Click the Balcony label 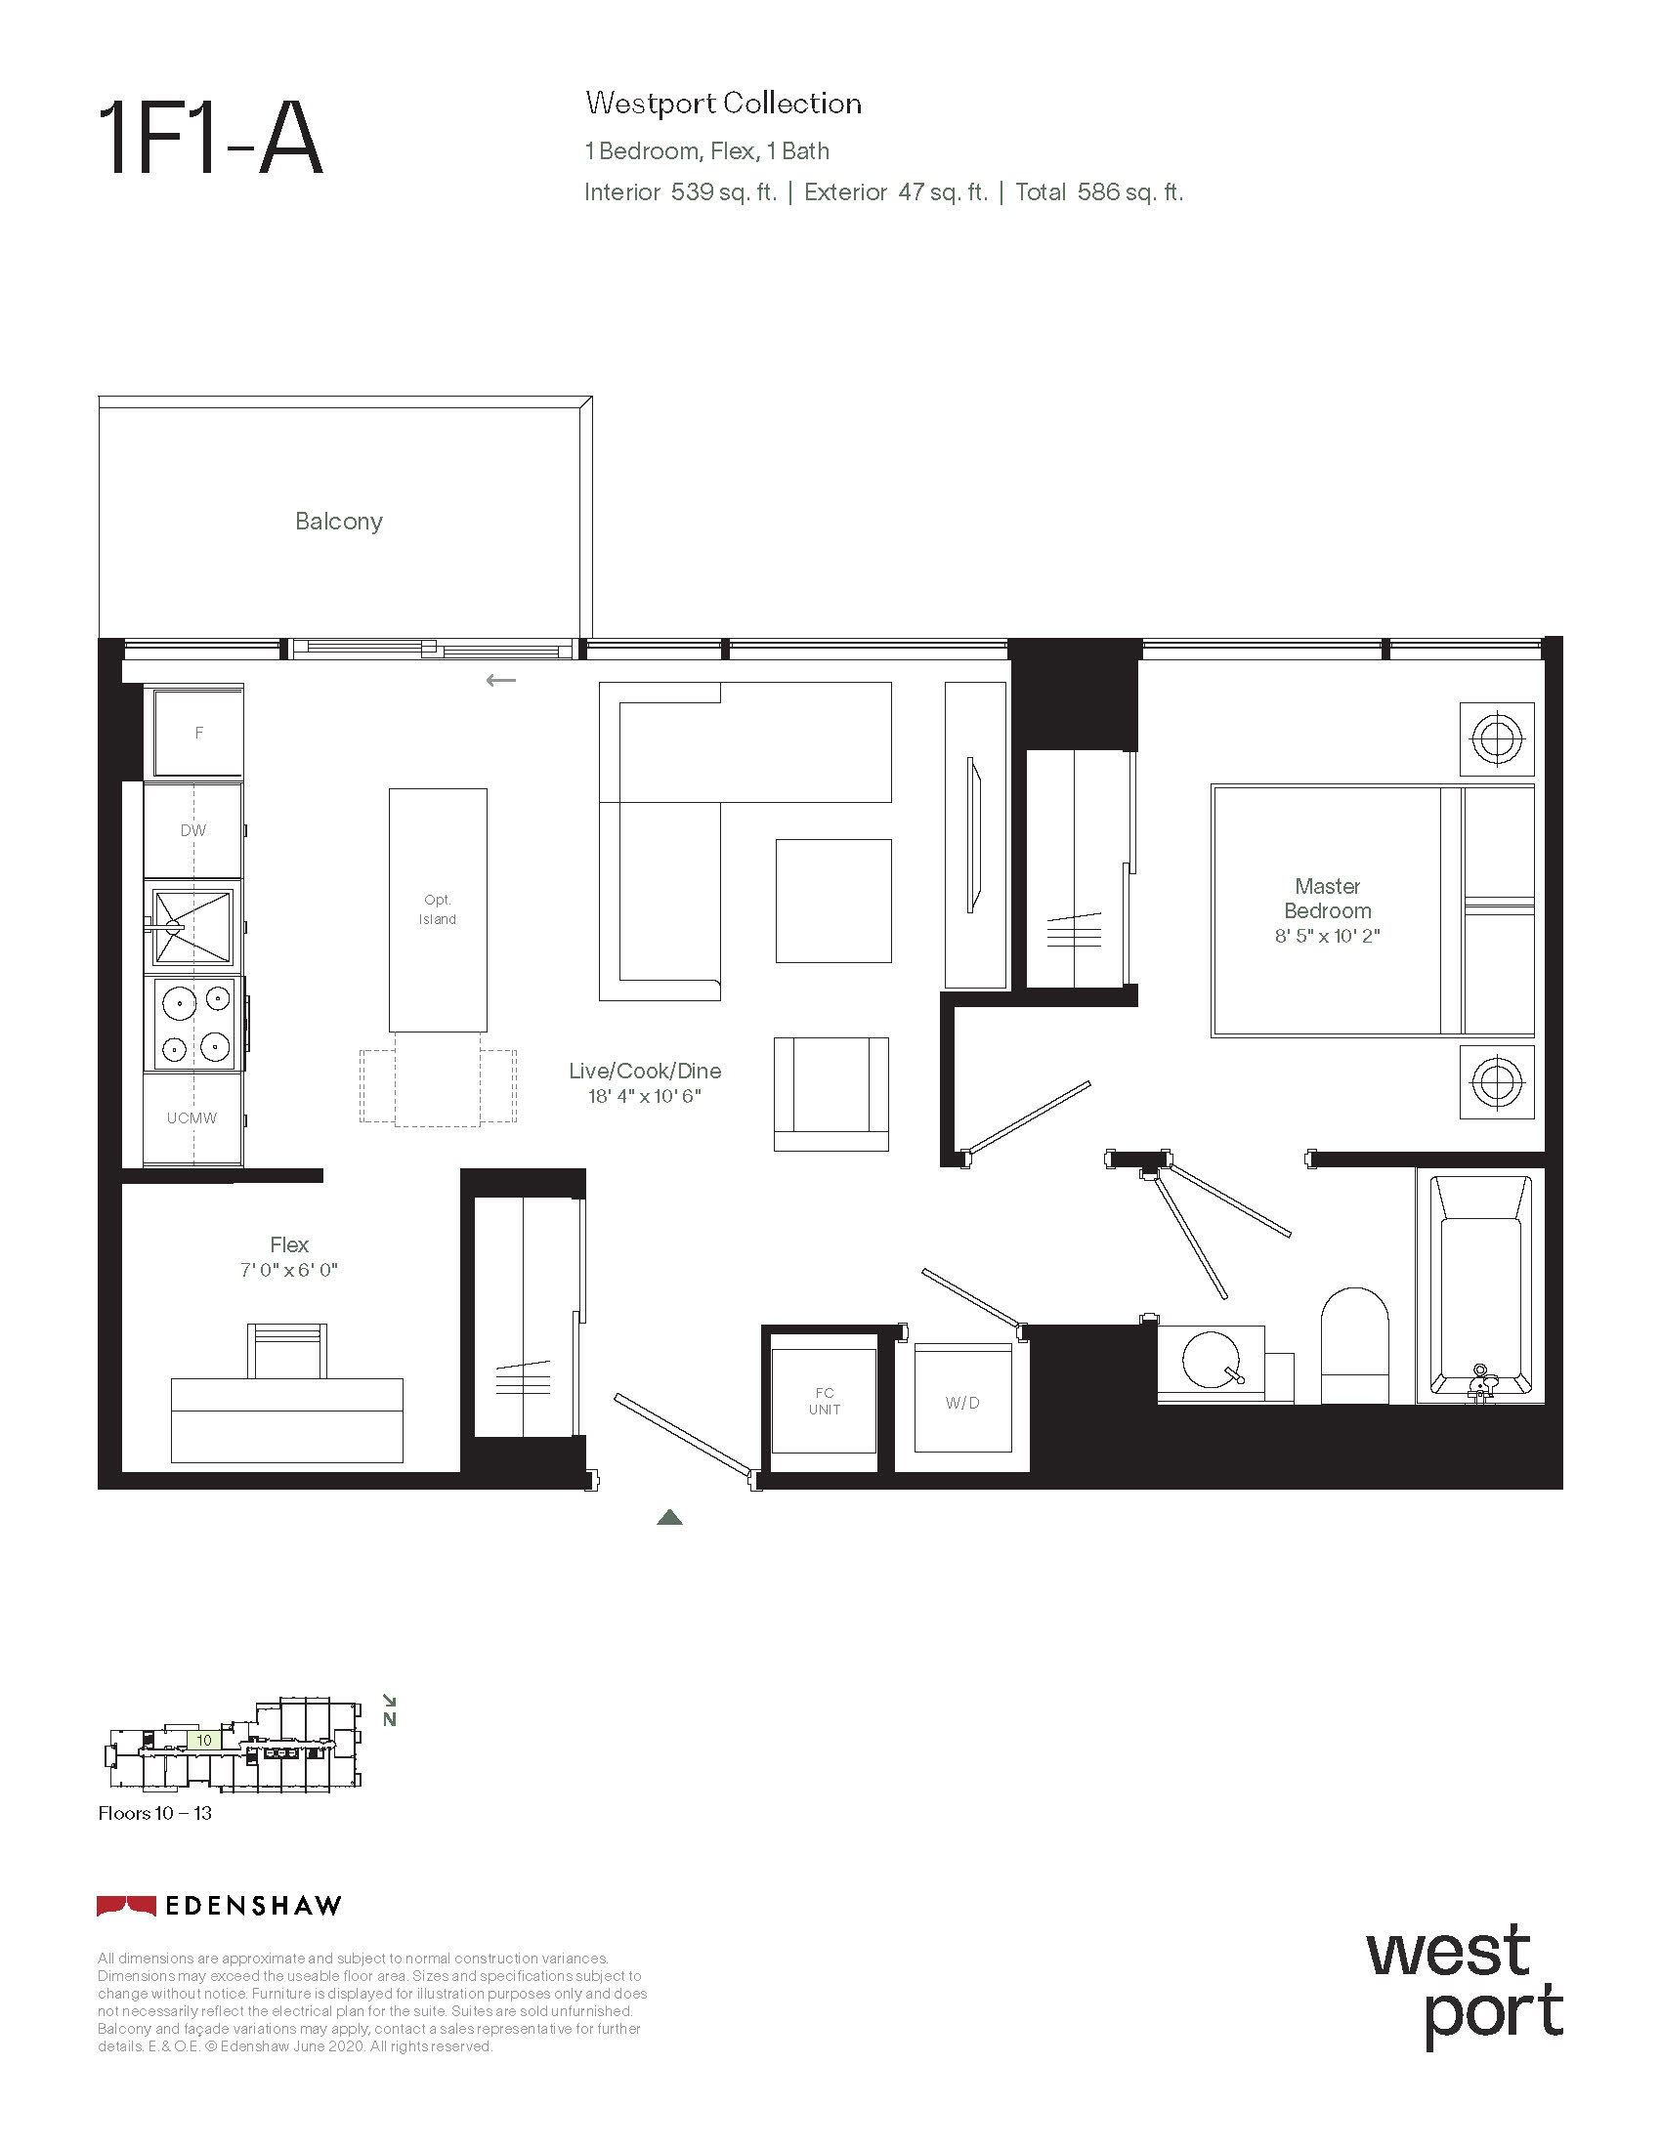[338, 522]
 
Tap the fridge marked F [198, 732]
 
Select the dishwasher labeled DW [193, 829]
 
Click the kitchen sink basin [192, 926]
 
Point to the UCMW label [192, 1117]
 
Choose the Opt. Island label [438, 909]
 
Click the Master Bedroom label [1328, 899]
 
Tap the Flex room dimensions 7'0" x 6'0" [289, 1270]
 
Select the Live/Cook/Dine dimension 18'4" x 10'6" [645, 1096]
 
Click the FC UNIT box [824, 1401]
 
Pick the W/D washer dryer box [962, 1398]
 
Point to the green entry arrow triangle [669, 1517]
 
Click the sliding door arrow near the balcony [501, 680]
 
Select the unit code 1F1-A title [211, 140]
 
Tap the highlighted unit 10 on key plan [203, 1740]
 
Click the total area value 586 [1098, 191]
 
